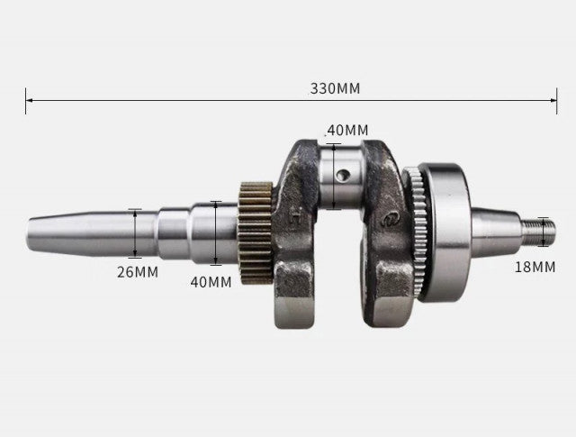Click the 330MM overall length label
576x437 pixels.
[x=335, y=88]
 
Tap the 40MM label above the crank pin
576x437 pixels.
[x=347, y=130]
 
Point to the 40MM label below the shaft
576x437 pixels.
[x=210, y=281]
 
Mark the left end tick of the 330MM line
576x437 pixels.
[x=26, y=101]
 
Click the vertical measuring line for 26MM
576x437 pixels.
[x=135, y=232]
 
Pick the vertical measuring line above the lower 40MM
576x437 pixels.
[x=215, y=232]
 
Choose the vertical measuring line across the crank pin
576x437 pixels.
[x=333, y=176]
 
